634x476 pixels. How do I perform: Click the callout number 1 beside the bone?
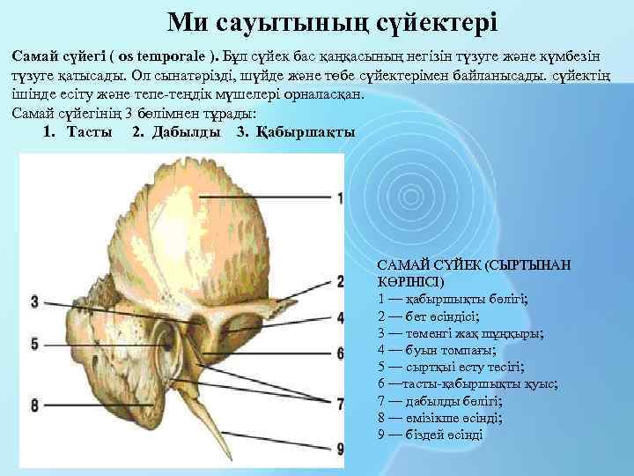pyautogui.click(x=340, y=197)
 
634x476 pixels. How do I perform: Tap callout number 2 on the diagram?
pyautogui.click(x=340, y=282)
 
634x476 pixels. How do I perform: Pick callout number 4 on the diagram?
pyautogui.click(x=340, y=317)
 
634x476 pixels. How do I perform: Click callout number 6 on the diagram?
pyautogui.click(x=340, y=353)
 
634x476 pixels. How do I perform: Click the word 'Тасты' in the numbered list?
pyautogui.click(x=89, y=132)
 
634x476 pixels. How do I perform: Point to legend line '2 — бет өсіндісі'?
pyautogui.click(x=428, y=316)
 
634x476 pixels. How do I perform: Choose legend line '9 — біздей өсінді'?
pyautogui.click(x=431, y=435)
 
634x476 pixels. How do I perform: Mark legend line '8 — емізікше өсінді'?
pyautogui.click(x=439, y=418)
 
